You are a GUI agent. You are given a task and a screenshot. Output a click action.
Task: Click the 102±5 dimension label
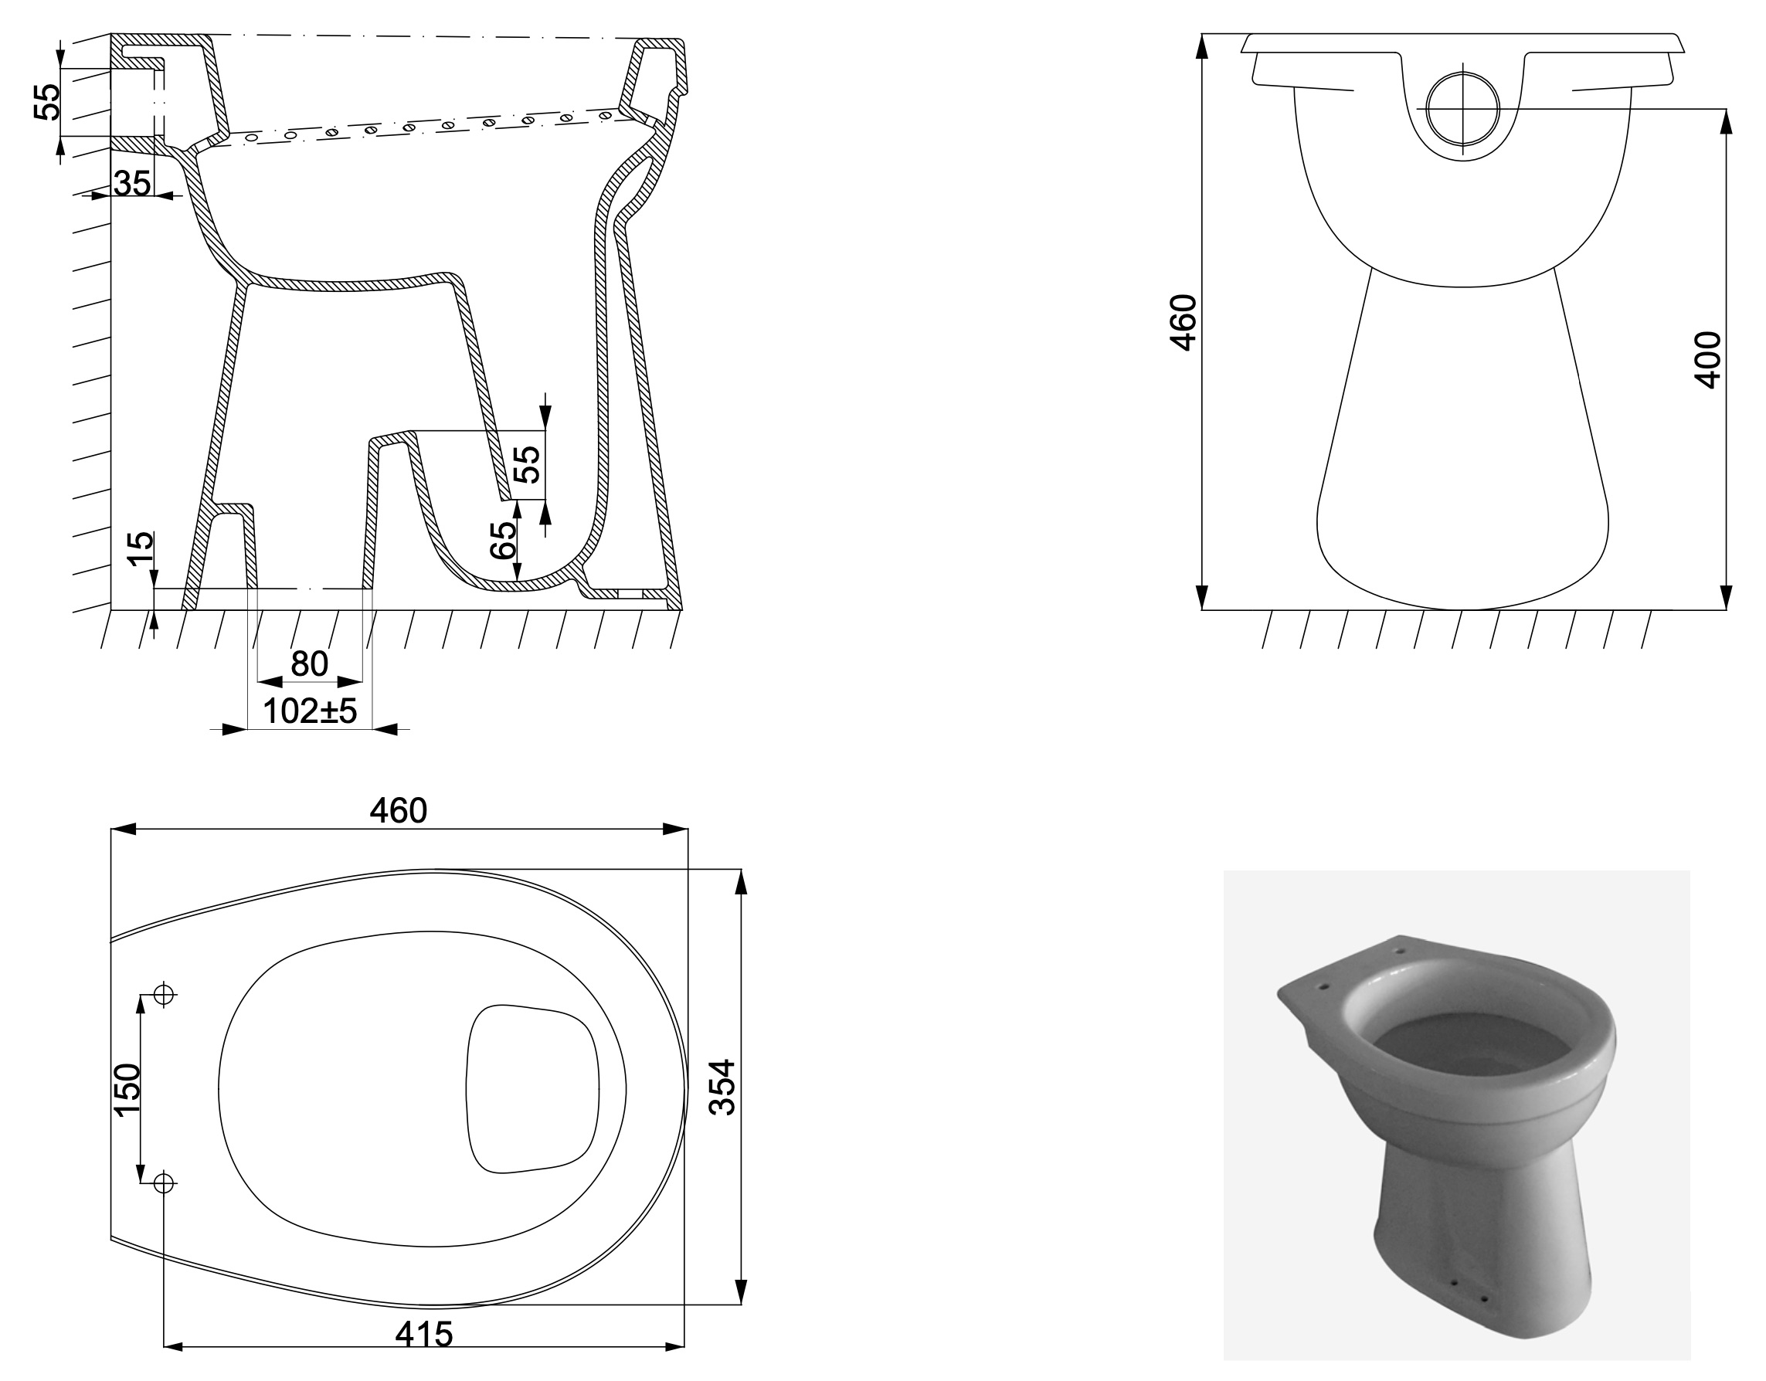(x=310, y=711)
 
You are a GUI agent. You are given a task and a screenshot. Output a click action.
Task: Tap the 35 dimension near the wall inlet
(x=132, y=184)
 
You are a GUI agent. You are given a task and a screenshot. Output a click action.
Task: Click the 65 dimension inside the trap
(x=503, y=540)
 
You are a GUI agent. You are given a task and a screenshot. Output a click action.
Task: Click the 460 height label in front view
(x=1183, y=322)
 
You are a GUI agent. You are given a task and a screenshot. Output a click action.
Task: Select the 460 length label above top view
(x=399, y=811)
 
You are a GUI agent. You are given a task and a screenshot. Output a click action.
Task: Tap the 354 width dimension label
(x=722, y=1087)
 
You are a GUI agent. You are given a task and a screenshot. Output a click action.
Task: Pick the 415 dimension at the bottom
(x=423, y=1335)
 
